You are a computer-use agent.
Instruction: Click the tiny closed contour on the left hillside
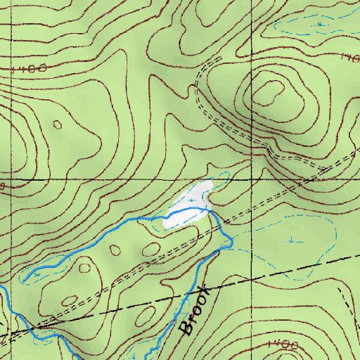[x=57, y=124]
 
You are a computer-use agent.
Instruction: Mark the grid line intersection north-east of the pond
[x=253, y=179]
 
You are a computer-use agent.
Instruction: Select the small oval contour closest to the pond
[x=151, y=249]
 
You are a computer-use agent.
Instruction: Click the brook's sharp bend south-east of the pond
[x=231, y=243]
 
